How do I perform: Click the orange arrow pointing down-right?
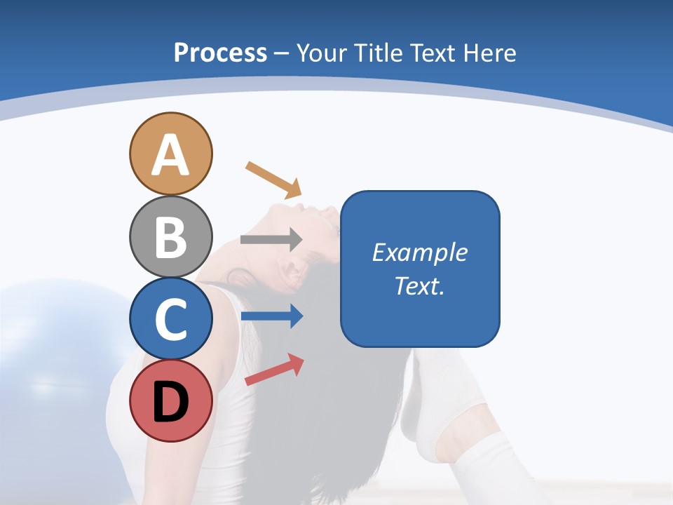tap(273, 180)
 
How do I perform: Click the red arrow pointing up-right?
tap(274, 370)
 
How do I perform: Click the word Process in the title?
tap(220, 53)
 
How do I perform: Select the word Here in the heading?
tap(489, 53)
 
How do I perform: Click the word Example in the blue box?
tap(419, 252)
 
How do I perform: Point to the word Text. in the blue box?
tap(419, 285)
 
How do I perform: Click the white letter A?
tap(170, 154)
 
